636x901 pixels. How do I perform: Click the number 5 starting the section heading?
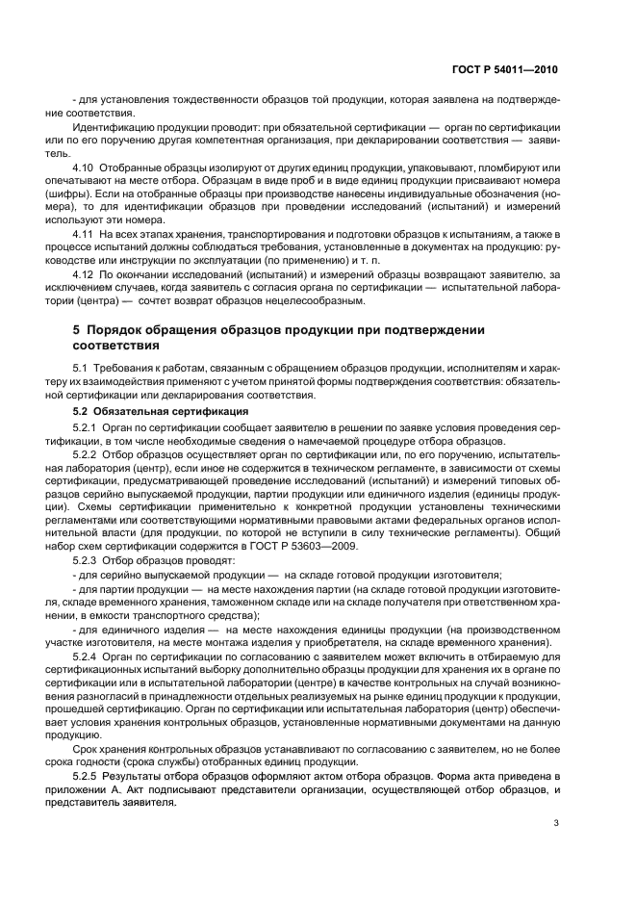[76, 330]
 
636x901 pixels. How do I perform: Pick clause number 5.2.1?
[87, 425]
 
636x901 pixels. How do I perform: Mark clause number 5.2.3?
[87, 560]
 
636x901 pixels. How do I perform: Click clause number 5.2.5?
[87, 776]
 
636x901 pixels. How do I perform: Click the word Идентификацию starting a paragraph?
[114, 126]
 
